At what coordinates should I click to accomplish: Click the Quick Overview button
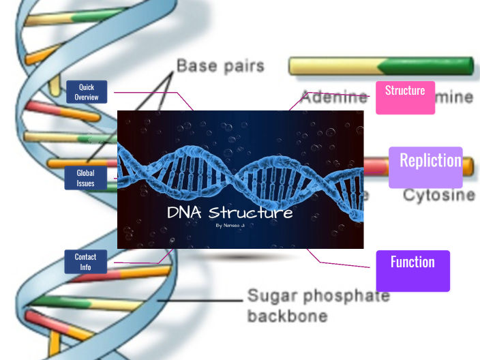87,92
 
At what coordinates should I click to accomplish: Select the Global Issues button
86,178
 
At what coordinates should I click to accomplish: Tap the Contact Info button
86,262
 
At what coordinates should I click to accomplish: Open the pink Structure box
405,97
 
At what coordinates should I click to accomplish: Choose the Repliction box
425,167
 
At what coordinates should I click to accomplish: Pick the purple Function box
412,271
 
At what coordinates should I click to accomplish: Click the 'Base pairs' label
220,67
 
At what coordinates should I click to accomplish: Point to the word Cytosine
438,195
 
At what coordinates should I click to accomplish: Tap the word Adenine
333,97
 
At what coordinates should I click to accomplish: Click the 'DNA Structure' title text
230,213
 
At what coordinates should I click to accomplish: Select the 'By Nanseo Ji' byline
230,225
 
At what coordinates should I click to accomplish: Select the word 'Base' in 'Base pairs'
196,67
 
